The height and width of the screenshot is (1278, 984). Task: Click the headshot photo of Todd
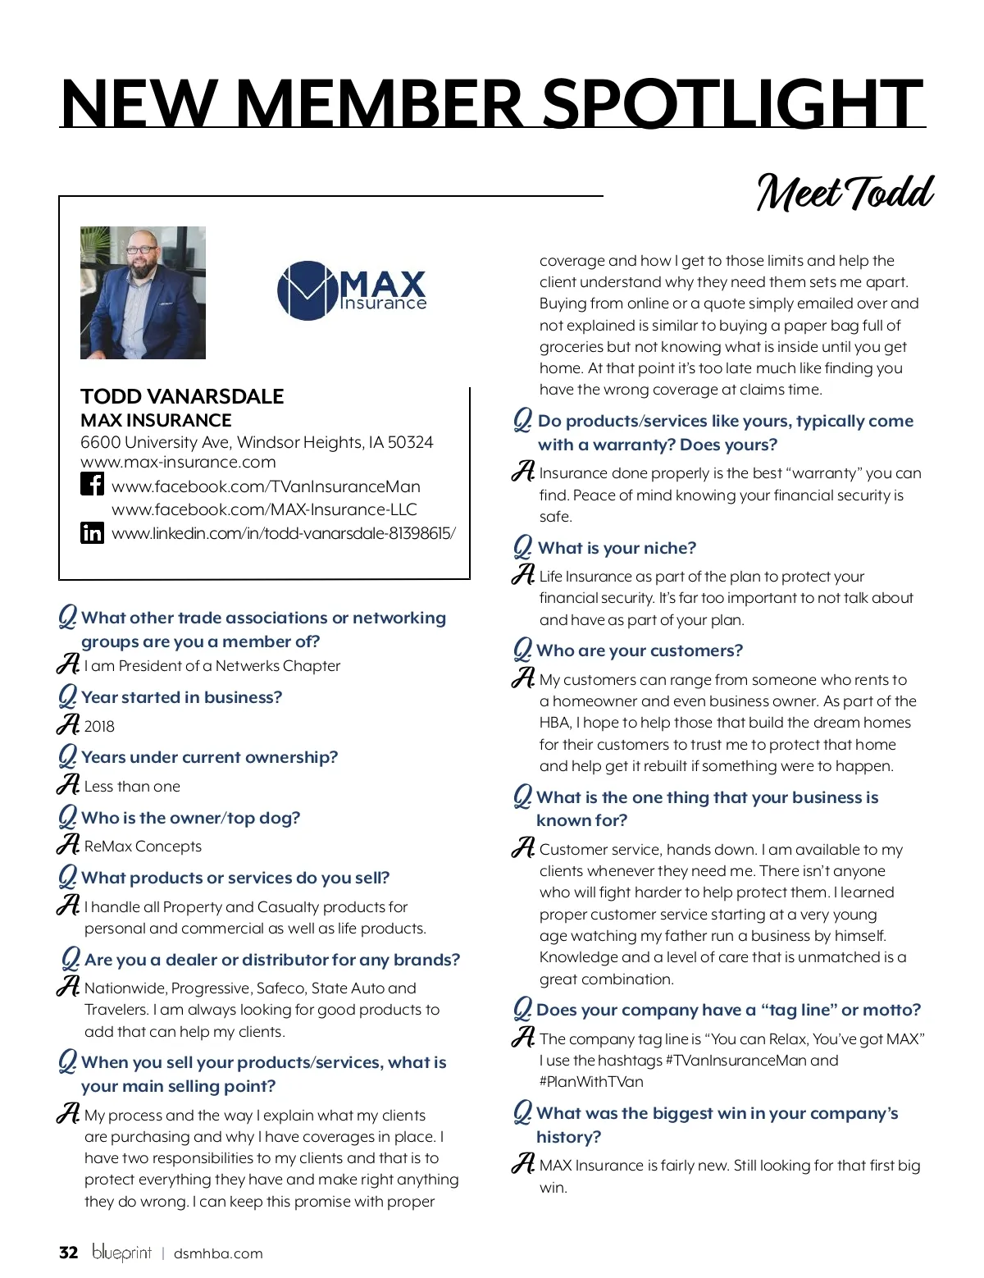click(143, 293)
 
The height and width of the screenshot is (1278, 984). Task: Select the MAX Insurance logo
click(352, 290)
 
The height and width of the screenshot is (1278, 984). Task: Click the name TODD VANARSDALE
click(182, 397)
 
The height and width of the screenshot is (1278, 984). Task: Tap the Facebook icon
click(92, 484)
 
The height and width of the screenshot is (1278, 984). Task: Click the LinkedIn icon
click(92, 533)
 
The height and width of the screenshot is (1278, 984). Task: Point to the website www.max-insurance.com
click(178, 463)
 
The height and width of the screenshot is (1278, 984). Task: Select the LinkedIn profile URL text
click(284, 534)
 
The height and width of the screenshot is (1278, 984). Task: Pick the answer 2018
click(99, 727)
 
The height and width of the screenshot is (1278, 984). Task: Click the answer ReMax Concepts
click(143, 847)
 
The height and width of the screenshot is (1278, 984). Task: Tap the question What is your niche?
click(617, 548)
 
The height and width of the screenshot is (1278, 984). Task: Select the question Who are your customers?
click(640, 650)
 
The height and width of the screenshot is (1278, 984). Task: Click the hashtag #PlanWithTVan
click(591, 1082)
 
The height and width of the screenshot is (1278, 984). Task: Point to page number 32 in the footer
click(69, 1253)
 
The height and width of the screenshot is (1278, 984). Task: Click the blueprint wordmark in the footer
click(121, 1253)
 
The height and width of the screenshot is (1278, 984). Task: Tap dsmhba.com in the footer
click(218, 1253)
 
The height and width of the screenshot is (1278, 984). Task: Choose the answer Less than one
click(132, 787)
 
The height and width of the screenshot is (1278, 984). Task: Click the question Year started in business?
click(181, 697)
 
